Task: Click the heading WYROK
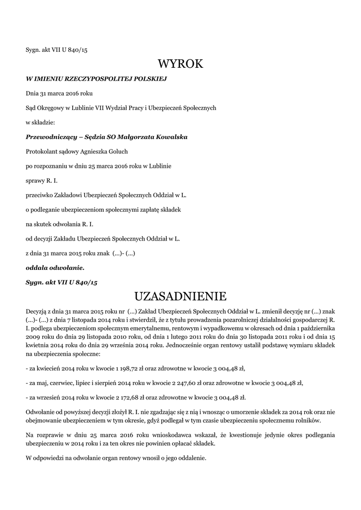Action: (x=180, y=64)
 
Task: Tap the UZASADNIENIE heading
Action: (x=180, y=296)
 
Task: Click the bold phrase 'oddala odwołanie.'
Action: (x=55, y=267)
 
